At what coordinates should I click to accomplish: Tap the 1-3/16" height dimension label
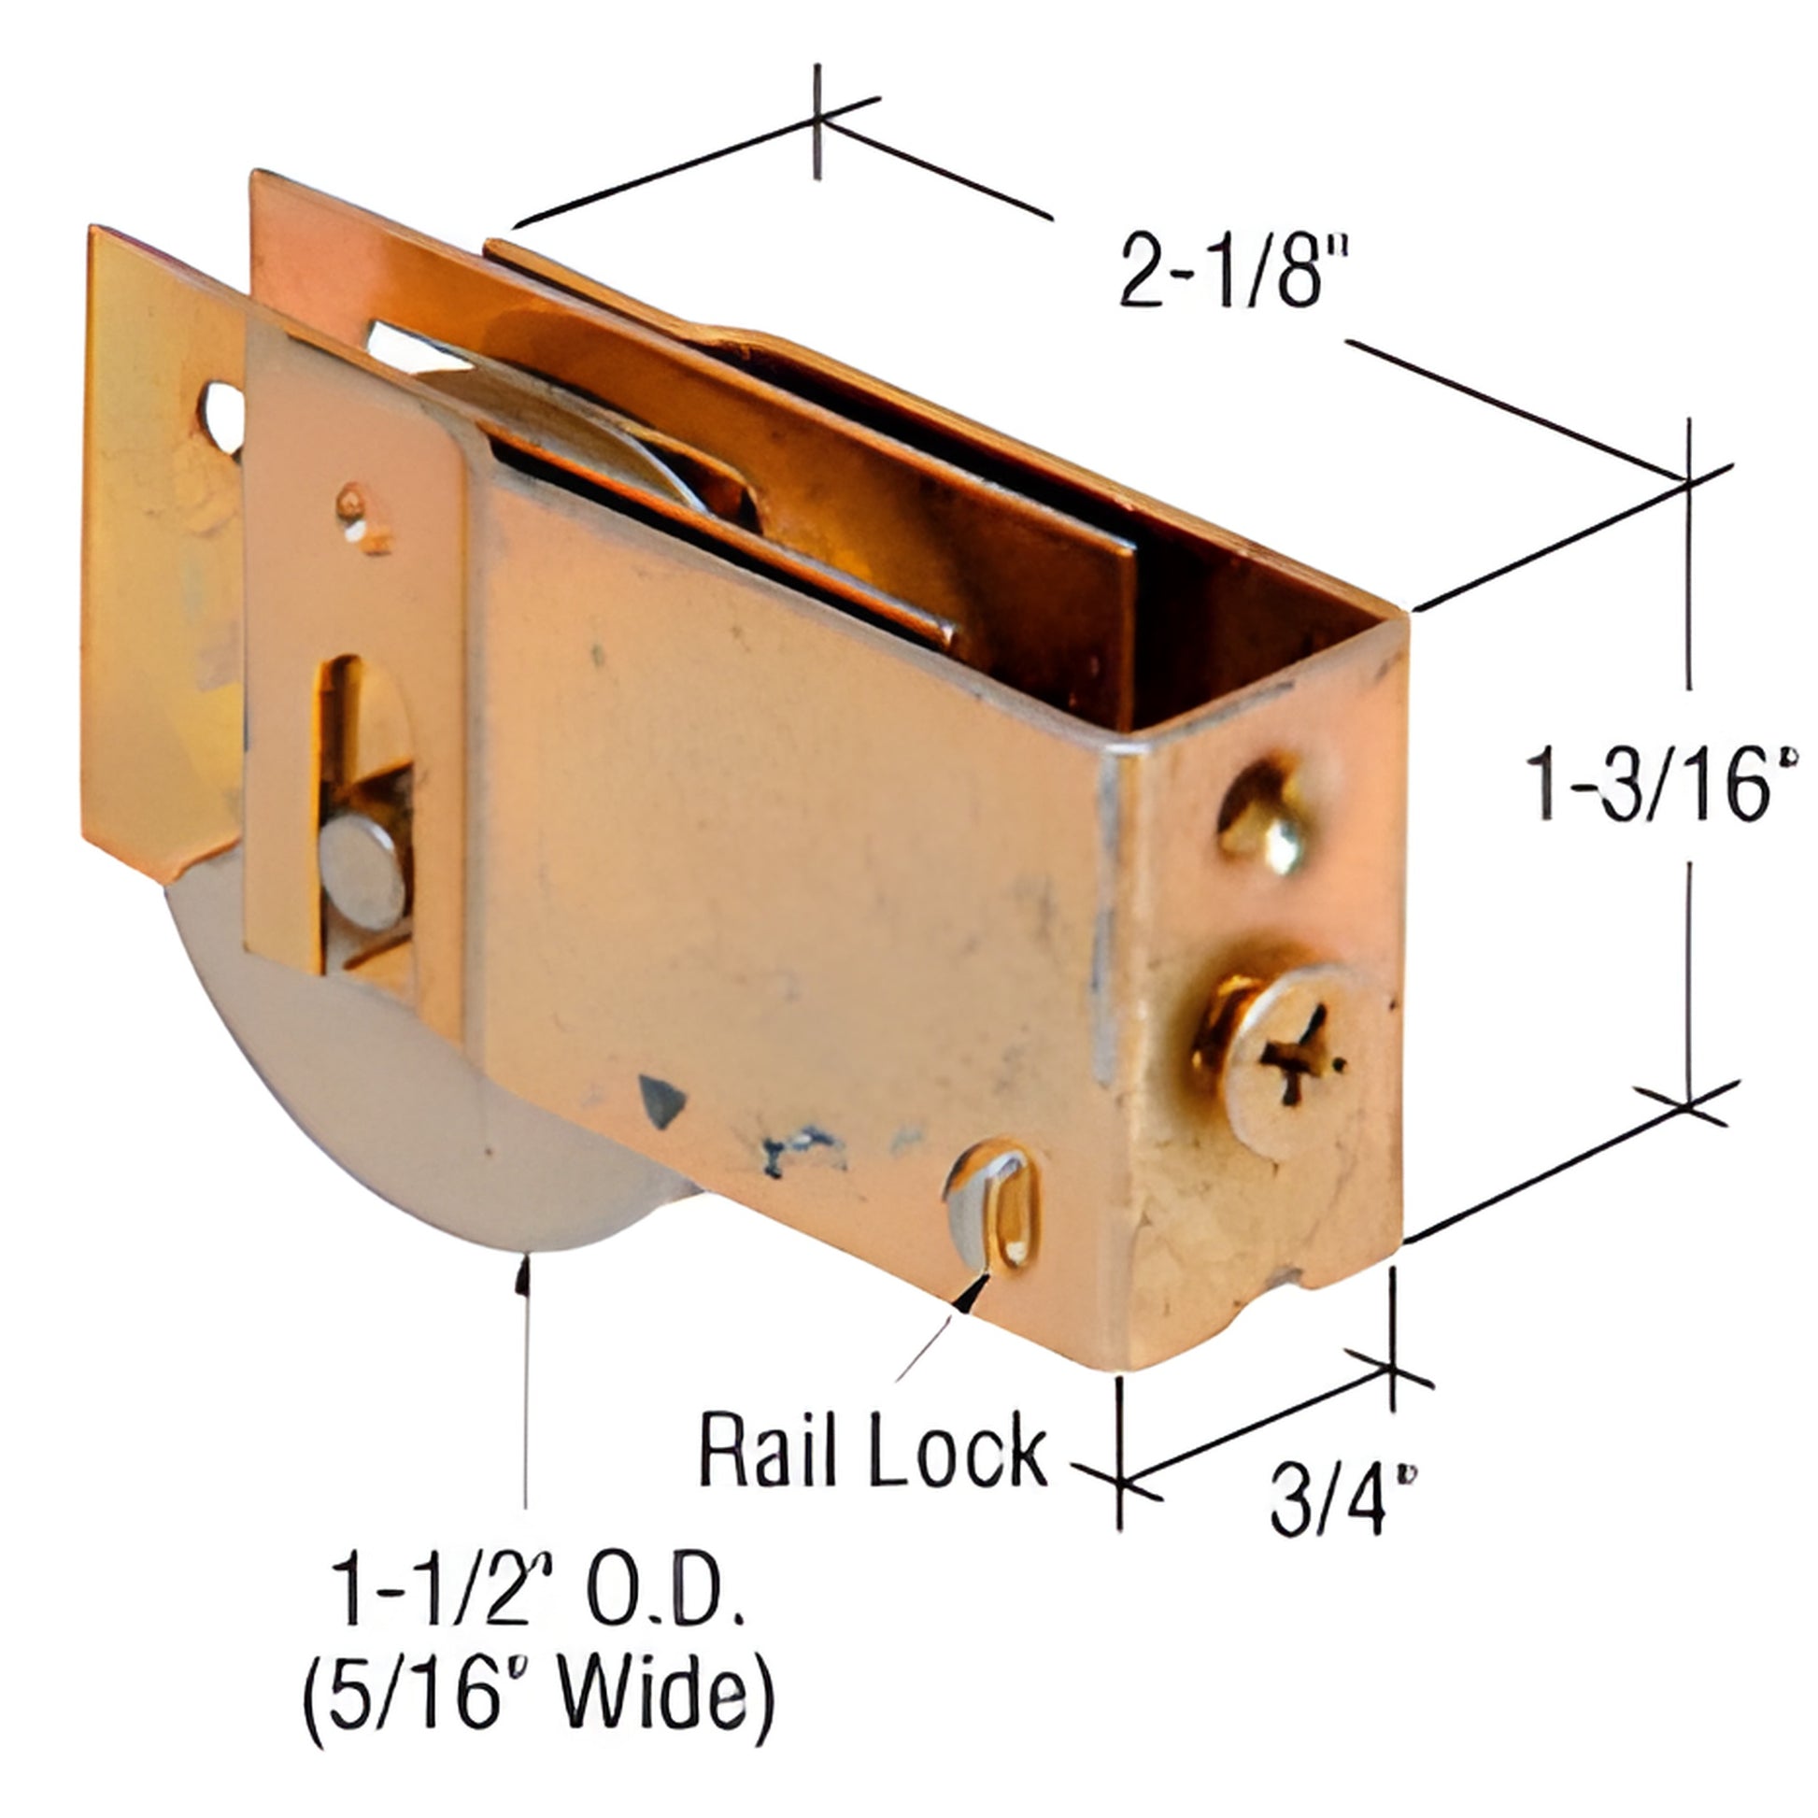[x=1660, y=783]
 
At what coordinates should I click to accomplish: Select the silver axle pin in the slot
[x=362, y=872]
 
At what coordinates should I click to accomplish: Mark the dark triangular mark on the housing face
[x=660, y=1101]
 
